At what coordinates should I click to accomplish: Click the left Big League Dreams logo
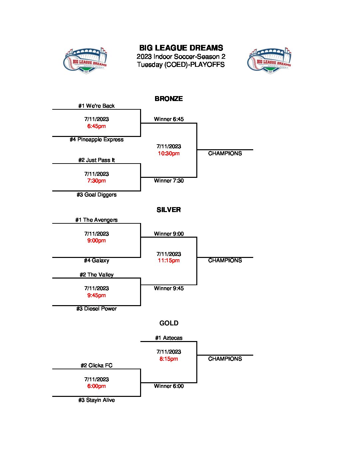click(x=85, y=60)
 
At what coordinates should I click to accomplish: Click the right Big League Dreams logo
click(x=269, y=60)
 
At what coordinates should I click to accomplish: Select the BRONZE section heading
click(x=169, y=99)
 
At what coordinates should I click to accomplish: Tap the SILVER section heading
click(x=169, y=210)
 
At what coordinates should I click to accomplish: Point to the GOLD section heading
click(x=169, y=323)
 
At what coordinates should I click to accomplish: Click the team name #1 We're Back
click(x=96, y=106)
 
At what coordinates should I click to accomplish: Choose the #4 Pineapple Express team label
click(x=96, y=140)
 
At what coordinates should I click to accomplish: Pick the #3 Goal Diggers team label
click(x=96, y=195)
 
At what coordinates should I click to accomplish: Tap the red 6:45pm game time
click(x=96, y=126)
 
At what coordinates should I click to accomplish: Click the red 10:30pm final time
click(x=169, y=154)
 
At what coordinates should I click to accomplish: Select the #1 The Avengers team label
click(x=96, y=220)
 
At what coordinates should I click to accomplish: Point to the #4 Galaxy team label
click(x=96, y=261)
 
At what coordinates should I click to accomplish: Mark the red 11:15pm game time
click(x=169, y=261)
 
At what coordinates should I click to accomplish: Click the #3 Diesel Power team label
click(x=96, y=309)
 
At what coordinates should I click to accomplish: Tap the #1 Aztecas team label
click(x=169, y=338)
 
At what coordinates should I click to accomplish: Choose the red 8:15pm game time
click(x=169, y=359)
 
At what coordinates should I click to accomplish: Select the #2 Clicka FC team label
click(x=96, y=366)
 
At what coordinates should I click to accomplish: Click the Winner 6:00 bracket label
click(x=169, y=386)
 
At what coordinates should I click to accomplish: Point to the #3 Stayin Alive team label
click(x=96, y=400)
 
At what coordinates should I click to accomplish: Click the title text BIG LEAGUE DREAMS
click(x=181, y=48)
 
